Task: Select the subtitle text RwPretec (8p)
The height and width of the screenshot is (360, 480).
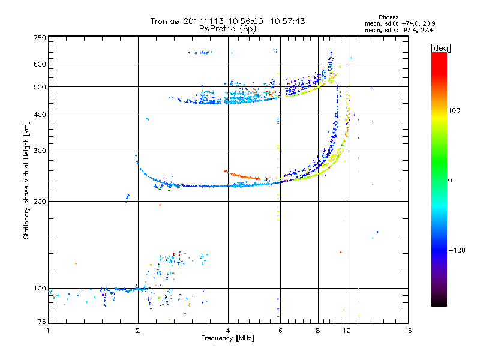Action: click(x=227, y=29)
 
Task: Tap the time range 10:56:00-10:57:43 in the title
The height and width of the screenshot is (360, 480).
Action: click(x=266, y=21)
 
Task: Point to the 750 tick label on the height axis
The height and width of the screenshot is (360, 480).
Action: click(x=40, y=38)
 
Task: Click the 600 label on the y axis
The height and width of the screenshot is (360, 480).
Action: click(x=40, y=64)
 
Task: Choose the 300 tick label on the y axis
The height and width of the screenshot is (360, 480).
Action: click(x=40, y=151)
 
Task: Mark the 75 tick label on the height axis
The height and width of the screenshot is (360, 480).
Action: click(x=42, y=322)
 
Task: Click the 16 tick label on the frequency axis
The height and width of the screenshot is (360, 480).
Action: click(x=408, y=331)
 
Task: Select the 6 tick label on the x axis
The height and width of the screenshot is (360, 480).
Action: click(x=280, y=331)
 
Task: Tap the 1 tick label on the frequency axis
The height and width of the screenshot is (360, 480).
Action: click(x=48, y=331)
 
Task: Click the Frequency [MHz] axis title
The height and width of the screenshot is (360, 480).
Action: click(x=227, y=338)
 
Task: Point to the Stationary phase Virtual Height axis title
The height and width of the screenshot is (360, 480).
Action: click(x=26, y=180)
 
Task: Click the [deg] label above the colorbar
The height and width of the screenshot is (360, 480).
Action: click(x=440, y=49)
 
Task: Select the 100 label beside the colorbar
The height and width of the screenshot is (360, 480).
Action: click(x=454, y=110)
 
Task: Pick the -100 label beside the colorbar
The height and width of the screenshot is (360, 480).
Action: click(x=457, y=250)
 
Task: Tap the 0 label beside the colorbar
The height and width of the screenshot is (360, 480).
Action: click(x=450, y=181)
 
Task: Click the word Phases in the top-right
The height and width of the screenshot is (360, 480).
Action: click(x=388, y=17)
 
